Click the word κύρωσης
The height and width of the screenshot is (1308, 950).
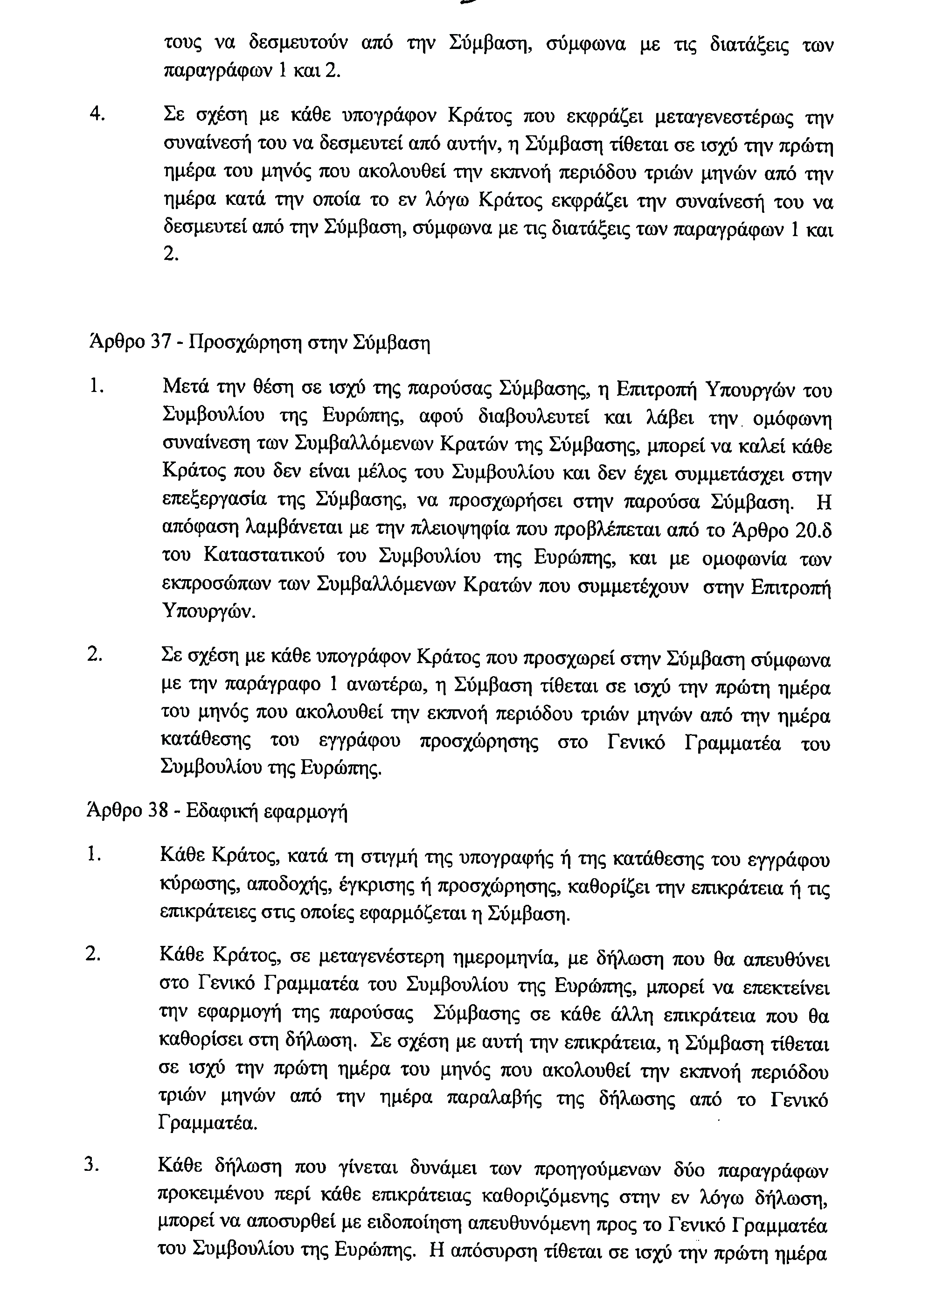[196, 889]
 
